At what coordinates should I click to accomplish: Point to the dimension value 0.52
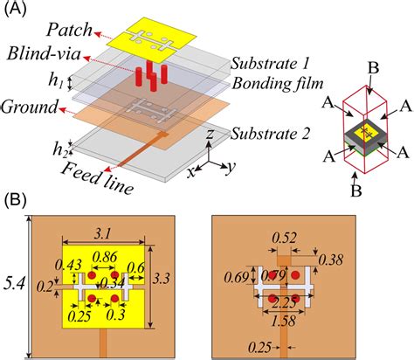tap(283, 236)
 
